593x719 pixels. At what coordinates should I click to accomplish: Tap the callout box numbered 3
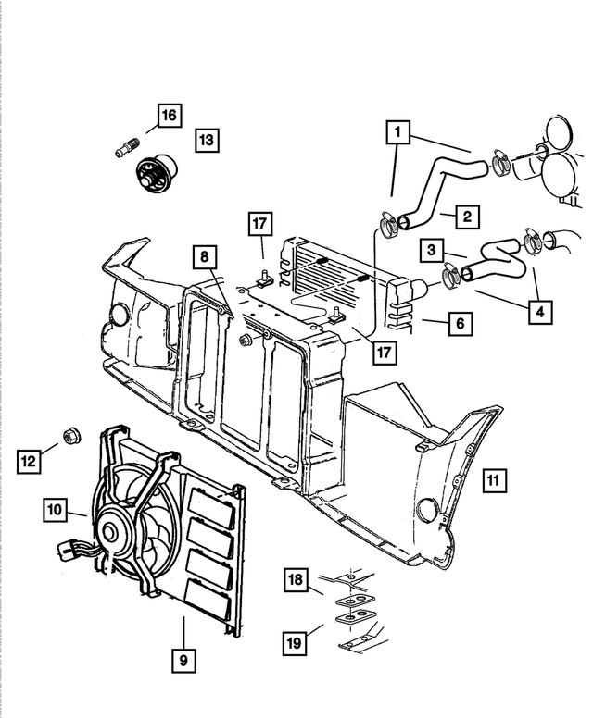(x=431, y=250)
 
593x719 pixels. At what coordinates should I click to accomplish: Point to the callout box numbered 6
(x=460, y=324)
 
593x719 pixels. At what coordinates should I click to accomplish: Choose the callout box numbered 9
(x=183, y=660)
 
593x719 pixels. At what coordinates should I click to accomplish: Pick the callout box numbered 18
(x=295, y=580)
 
